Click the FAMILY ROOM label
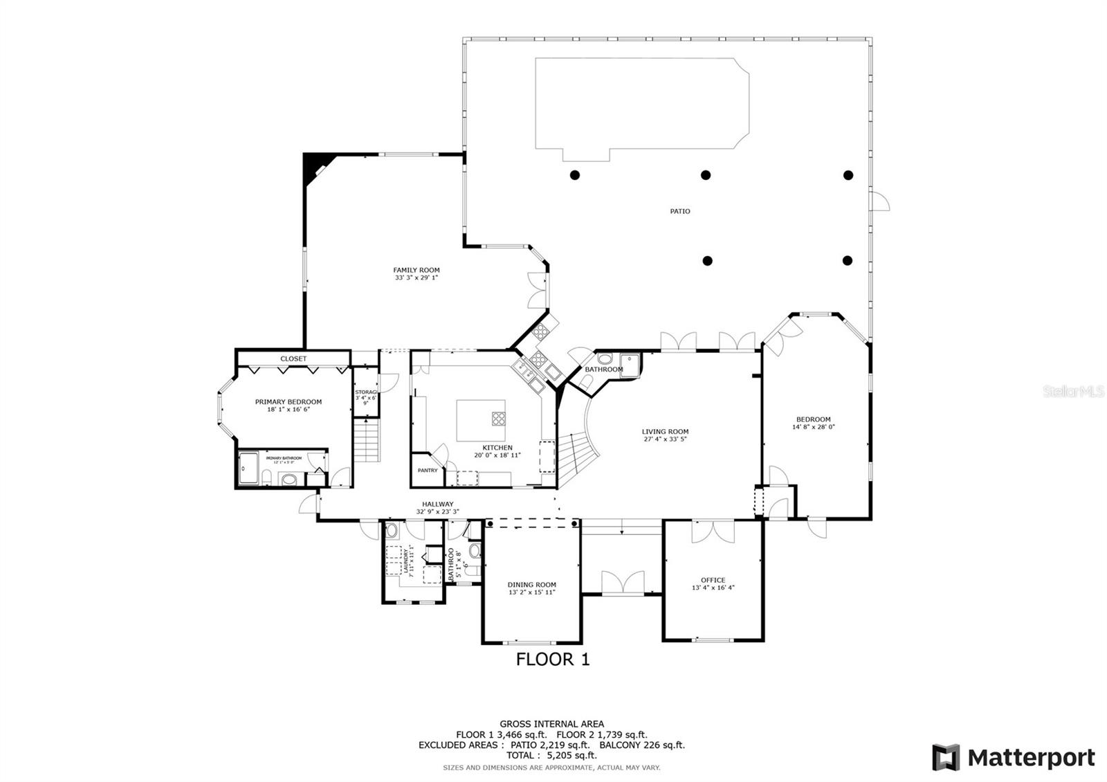coord(417,271)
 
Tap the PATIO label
coord(679,211)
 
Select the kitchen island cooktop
coord(498,418)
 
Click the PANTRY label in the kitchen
coord(428,471)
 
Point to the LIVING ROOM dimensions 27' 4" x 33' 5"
coord(665,439)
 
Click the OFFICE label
coord(713,580)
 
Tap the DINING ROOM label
coord(531,585)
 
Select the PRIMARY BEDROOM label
coord(288,402)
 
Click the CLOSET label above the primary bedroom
coord(293,358)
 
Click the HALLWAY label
coord(437,504)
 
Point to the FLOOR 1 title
coord(553,660)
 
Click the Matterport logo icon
coord(946,757)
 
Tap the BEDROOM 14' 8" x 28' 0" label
coord(813,419)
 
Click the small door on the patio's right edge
coord(880,201)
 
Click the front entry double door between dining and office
coord(622,583)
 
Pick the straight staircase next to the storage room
coord(367,441)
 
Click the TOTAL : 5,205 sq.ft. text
coord(551,756)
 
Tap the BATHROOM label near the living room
coord(603,370)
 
